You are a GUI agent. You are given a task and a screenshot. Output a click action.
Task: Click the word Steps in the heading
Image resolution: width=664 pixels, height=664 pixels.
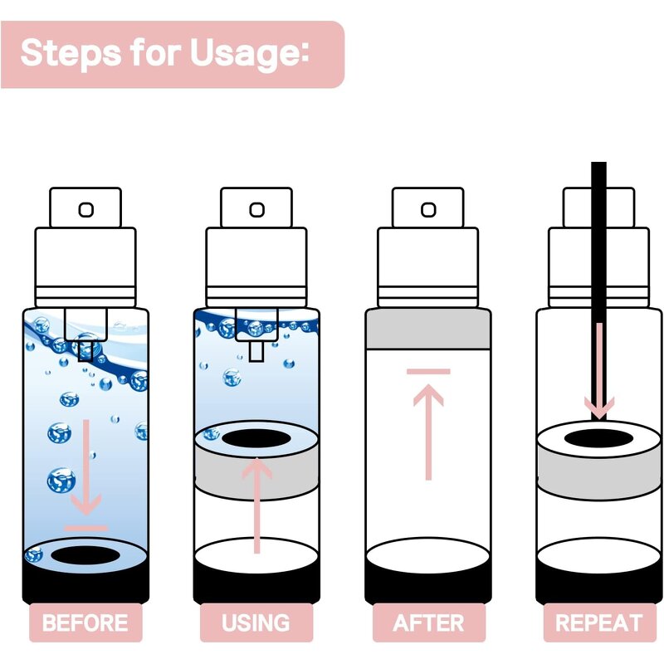[71, 52]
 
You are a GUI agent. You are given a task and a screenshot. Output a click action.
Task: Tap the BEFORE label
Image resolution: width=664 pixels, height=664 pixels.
[85, 622]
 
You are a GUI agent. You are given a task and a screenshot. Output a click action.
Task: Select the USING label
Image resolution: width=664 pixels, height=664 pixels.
[256, 622]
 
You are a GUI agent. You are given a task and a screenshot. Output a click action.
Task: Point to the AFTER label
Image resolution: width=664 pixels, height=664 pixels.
[428, 622]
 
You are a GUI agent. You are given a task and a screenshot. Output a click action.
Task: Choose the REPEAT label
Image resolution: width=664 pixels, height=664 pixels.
[599, 622]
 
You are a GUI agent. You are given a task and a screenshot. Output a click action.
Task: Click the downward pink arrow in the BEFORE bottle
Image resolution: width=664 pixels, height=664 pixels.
[86, 467]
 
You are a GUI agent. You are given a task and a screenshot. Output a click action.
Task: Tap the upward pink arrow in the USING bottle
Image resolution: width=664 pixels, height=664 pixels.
[256, 505]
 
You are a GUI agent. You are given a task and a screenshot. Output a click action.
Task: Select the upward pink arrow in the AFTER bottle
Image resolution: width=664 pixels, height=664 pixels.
[428, 432]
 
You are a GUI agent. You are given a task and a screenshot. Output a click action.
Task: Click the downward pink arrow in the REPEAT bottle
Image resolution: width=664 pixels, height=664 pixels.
[599, 371]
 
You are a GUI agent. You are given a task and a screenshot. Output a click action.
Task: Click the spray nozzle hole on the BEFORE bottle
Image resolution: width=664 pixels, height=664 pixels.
[86, 210]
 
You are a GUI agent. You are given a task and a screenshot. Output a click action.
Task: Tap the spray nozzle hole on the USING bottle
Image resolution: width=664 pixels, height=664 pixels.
[256, 210]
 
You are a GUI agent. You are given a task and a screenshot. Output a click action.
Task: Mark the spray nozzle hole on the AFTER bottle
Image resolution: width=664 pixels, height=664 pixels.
[428, 210]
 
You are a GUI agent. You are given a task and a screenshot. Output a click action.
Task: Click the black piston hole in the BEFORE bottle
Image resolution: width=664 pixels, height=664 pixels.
[85, 555]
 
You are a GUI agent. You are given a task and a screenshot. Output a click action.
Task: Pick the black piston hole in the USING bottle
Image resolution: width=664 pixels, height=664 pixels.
[256, 439]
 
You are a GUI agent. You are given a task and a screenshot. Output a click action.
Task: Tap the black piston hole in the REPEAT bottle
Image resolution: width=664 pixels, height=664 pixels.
[598, 439]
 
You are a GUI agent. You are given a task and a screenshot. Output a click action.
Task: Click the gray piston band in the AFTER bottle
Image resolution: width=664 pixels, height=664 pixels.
[428, 329]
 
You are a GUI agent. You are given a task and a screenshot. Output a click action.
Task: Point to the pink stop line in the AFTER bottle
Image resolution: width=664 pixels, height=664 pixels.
[428, 372]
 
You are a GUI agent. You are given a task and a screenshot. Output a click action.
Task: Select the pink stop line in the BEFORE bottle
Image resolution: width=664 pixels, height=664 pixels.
[86, 528]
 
